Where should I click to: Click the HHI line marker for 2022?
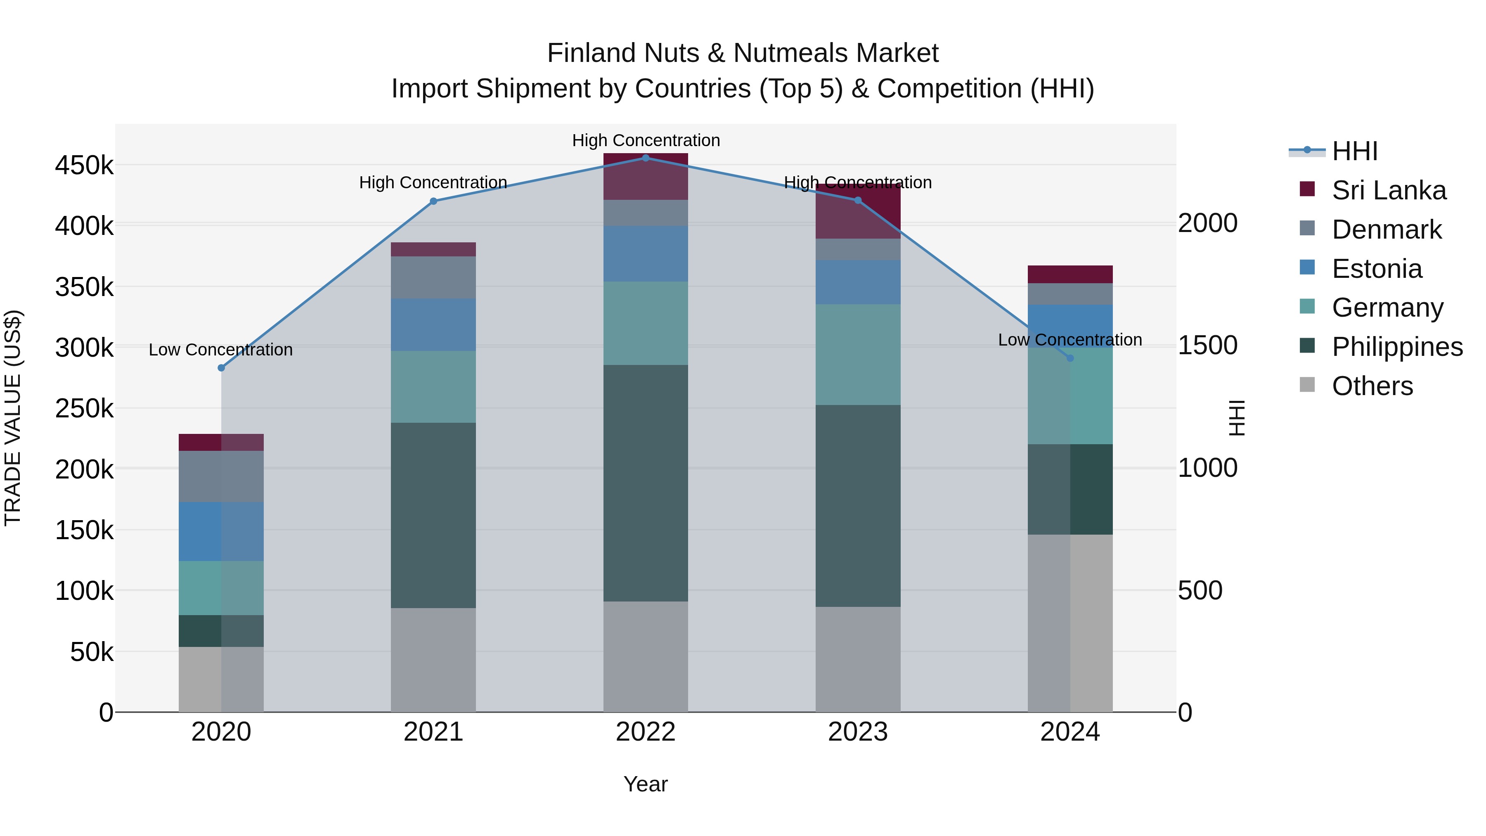tap(646, 158)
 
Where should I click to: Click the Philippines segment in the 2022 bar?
tap(646, 483)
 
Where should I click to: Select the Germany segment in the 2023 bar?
tap(858, 354)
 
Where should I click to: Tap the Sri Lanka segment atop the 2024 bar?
tap(1070, 274)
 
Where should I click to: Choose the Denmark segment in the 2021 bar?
tap(433, 277)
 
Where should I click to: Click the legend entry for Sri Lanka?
tap(1389, 190)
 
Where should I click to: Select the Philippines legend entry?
tap(1396, 347)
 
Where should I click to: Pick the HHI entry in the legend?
tap(1354, 151)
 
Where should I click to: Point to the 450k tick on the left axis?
tap(84, 166)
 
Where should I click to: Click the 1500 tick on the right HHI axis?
tap(1207, 345)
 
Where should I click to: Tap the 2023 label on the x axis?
tap(858, 732)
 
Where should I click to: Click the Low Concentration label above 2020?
tap(221, 350)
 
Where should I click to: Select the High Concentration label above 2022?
tap(646, 140)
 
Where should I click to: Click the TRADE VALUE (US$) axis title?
tap(13, 418)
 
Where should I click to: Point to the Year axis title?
tap(646, 784)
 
